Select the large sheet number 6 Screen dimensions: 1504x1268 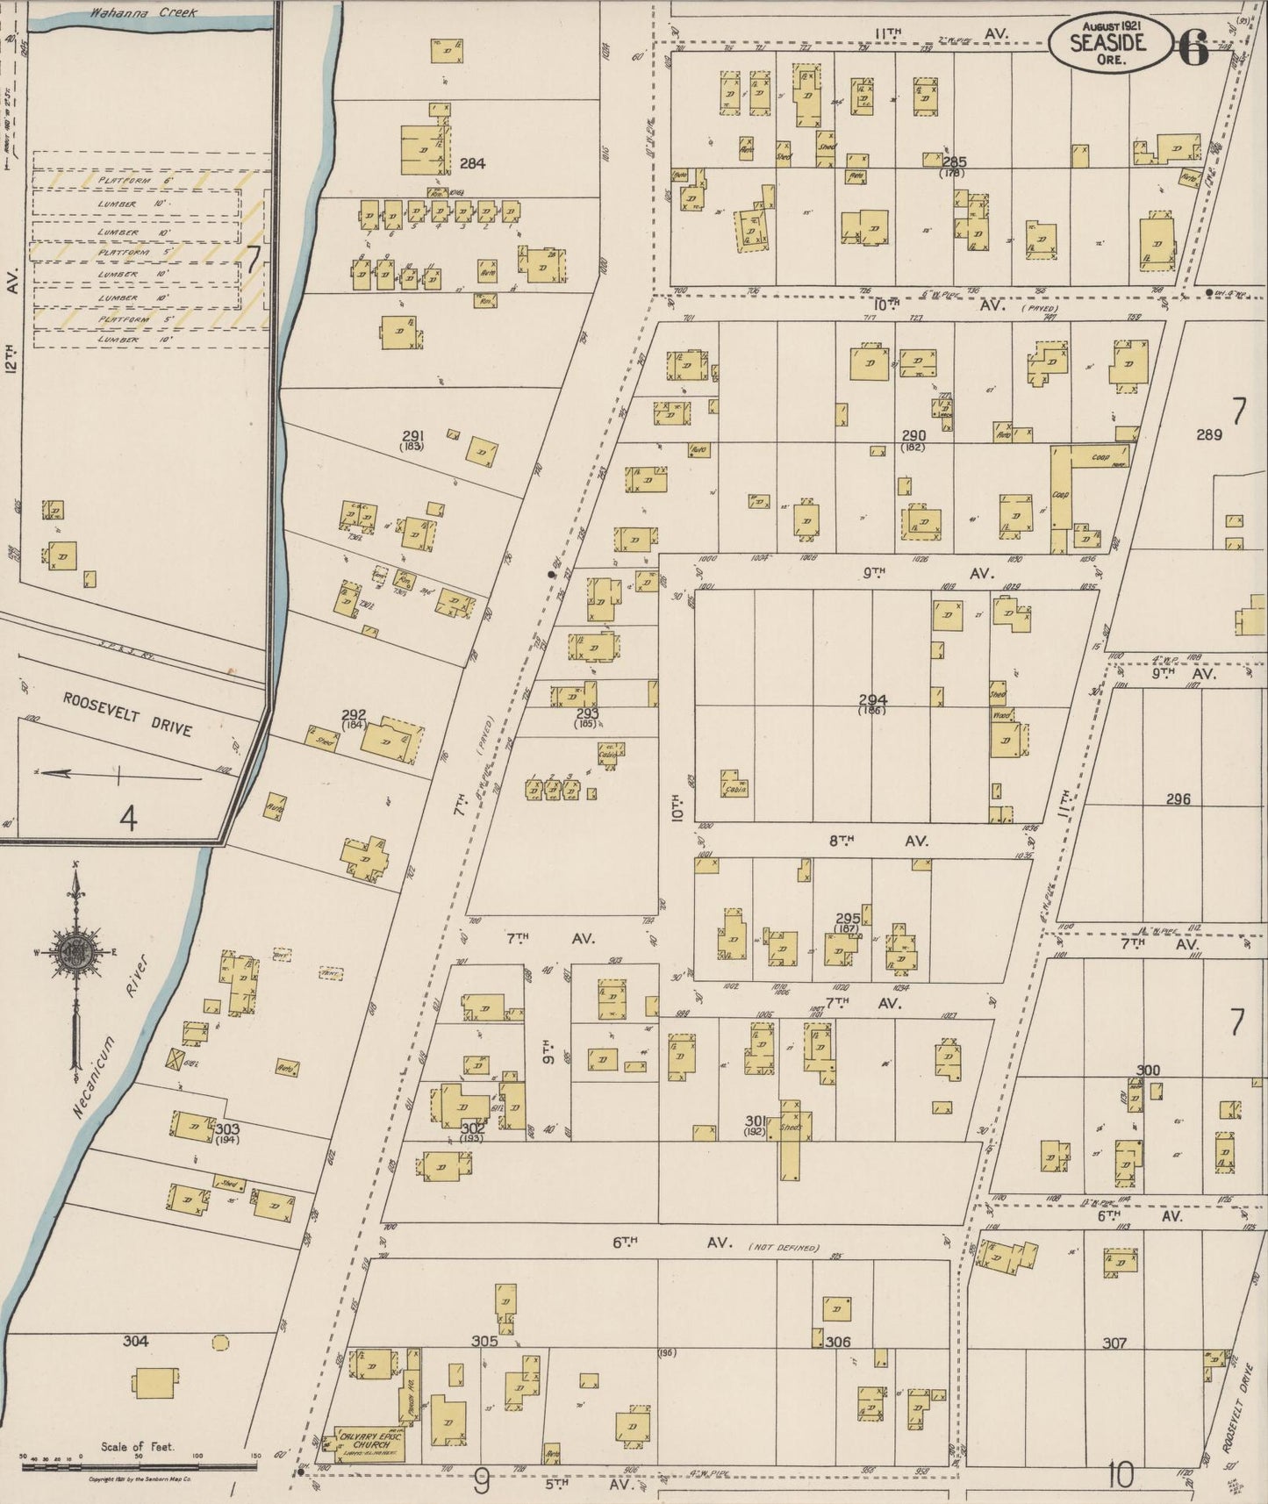pos(1193,47)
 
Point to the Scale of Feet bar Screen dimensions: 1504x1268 pos(140,1464)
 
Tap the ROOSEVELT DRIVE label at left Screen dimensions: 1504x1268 pos(127,714)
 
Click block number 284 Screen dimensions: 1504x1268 pos(471,163)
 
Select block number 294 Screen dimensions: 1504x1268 pos(872,700)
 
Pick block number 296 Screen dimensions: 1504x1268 pos(1178,799)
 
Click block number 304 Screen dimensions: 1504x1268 pos(135,1341)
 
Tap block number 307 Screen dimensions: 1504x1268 pos(1114,1343)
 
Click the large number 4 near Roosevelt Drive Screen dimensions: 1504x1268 pos(128,820)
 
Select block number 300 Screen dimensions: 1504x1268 pos(1148,1070)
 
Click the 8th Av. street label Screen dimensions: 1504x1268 pos(878,841)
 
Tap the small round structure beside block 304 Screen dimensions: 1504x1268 pos(219,1342)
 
